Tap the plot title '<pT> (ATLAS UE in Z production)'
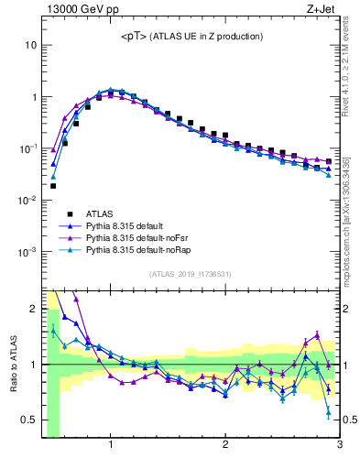(192, 36)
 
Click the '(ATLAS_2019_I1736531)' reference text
(191, 273)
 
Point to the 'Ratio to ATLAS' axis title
(14, 365)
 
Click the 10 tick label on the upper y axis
(31, 45)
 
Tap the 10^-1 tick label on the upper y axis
(27, 148)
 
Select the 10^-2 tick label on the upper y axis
(27, 200)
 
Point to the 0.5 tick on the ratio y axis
(29, 420)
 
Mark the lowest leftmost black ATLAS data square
(53, 186)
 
